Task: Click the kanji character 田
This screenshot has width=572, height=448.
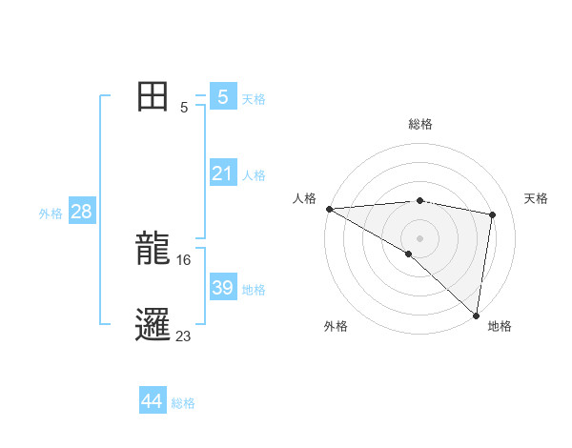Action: coord(153,97)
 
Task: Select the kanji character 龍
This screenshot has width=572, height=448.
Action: coord(153,249)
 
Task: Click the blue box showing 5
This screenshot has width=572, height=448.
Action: coord(223,97)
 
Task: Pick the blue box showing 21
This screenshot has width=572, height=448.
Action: coord(223,173)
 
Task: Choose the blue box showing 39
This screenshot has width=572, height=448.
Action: coord(223,288)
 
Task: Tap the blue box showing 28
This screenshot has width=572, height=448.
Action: coord(81,212)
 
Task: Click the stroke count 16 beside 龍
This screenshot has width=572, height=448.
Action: coord(184,259)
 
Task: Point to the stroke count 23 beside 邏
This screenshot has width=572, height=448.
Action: coord(184,336)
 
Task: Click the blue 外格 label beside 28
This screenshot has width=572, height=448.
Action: coord(51,214)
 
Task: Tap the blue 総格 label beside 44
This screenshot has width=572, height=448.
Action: coord(183,403)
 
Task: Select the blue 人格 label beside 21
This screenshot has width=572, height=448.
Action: coord(254,175)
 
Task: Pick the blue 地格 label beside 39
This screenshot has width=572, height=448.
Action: coord(254,290)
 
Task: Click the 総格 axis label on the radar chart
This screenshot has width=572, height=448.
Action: coord(419,124)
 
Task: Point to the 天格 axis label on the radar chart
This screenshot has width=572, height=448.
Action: coord(537,198)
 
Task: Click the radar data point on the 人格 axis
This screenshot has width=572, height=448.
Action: coord(329,209)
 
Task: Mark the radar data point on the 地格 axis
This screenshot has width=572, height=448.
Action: coord(476,315)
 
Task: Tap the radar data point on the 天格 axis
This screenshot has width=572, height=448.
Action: coord(493,214)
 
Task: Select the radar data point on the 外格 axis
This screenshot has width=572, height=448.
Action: coord(408,254)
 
